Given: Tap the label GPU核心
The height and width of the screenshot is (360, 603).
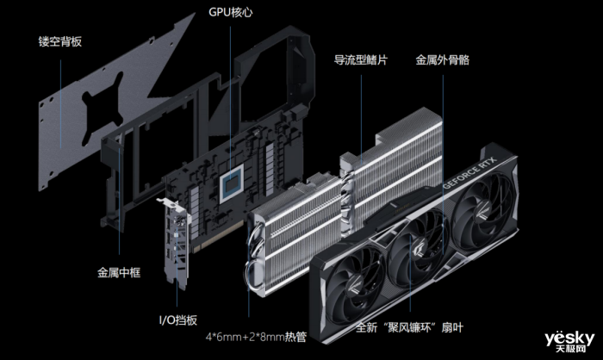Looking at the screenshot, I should coord(231,14).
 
